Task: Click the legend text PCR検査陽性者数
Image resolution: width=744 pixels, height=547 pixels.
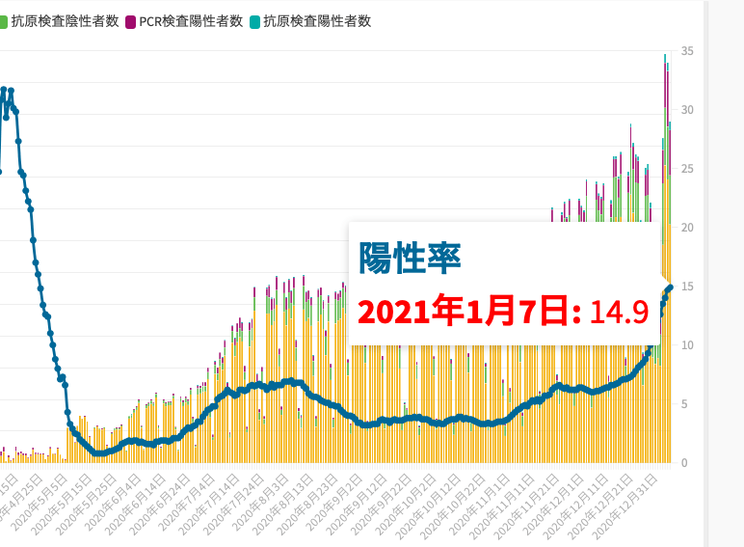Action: point(191,21)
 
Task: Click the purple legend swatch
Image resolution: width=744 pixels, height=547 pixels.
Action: point(131,21)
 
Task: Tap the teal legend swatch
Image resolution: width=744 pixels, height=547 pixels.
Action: point(254,21)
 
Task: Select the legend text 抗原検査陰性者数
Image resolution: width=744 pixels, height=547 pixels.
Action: point(60,21)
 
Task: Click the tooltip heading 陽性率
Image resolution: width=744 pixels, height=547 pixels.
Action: point(410,258)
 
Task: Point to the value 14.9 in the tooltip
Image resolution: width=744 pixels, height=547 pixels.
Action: point(618,313)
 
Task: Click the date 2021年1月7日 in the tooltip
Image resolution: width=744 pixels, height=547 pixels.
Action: point(468,313)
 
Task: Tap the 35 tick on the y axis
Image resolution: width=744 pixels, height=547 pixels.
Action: point(686,51)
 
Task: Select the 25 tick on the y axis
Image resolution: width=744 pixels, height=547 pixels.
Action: point(686,169)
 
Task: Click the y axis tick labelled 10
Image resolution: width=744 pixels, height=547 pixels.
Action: point(686,345)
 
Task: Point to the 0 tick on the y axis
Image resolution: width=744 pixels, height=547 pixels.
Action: point(683,463)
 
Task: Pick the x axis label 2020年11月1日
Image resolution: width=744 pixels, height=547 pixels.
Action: point(482,503)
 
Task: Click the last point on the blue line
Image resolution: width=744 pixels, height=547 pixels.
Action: point(670,287)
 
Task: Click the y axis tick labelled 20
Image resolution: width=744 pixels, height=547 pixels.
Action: point(686,228)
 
